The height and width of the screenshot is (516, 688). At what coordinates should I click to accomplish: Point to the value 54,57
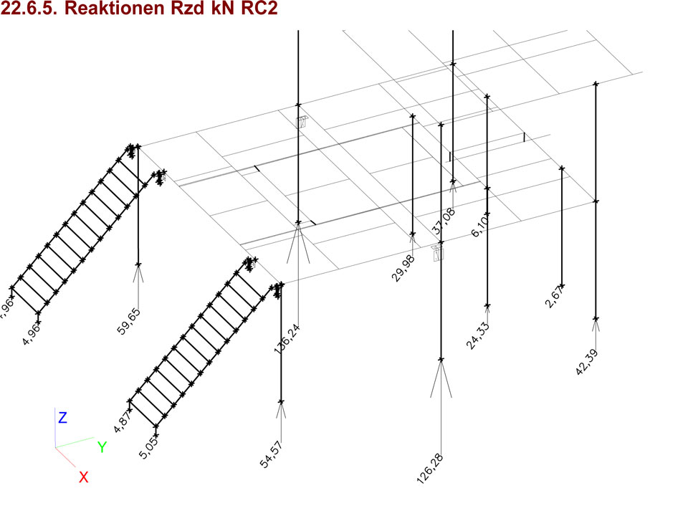click(272, 456)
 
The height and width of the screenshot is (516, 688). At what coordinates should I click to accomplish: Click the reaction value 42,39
click(587, 362)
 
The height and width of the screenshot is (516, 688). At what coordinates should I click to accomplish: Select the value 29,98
click(403, 267)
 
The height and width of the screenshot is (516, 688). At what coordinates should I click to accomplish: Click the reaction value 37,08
click(444, 221)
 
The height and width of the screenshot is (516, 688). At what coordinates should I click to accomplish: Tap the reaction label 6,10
click(481, 226)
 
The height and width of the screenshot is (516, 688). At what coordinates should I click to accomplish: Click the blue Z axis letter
click(62, 418)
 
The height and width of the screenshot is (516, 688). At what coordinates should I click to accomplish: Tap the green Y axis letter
click(102, 447)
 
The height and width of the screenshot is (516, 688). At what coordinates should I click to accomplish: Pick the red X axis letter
click(83, 477)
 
